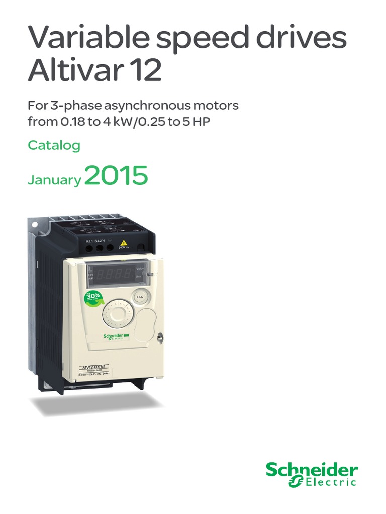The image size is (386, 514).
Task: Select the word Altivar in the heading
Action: tap(74, 71)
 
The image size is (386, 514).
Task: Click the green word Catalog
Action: tap(54, 146)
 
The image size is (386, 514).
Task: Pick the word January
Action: tap(54, 180)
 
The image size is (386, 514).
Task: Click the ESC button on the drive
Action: tap(140, 297)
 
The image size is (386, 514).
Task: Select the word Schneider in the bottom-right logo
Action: tap(312, 471)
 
